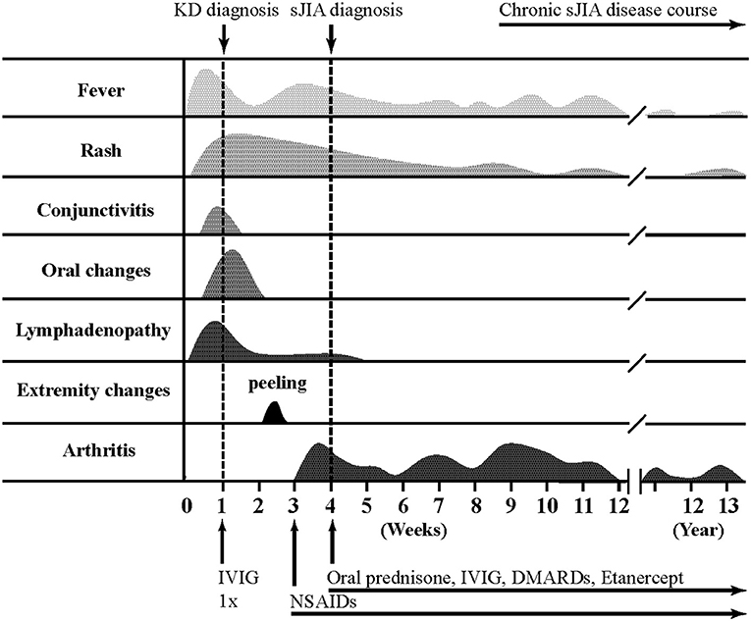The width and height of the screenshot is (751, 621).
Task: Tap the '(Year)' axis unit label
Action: coord(697,530)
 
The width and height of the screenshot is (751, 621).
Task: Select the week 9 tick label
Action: coord(511,506)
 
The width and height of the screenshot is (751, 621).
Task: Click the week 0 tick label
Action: coord(186,506)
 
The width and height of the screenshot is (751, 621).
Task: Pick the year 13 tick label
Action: coord(727,506)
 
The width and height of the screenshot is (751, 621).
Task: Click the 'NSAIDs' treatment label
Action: coord(323,597)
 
